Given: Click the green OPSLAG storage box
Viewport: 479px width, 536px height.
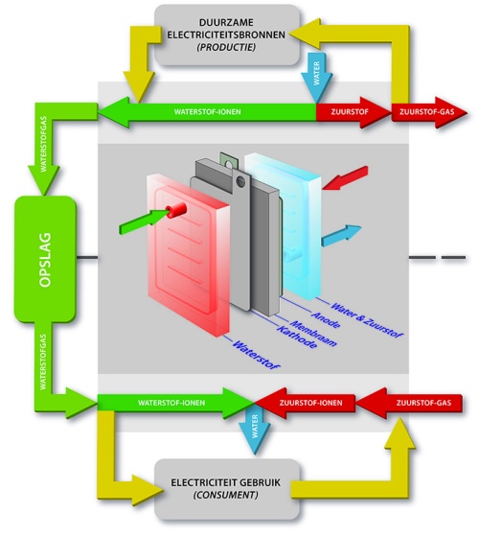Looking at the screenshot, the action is pyautogui.click(x=45, y=259).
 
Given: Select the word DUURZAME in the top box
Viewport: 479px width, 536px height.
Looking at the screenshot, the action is pyautogui.click(x=226, y=23).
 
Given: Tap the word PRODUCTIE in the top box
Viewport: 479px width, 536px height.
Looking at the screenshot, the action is pyautogui.click(x=226, y=47).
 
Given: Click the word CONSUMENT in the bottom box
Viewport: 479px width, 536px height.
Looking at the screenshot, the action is pyautogui.click(x=225, y=495).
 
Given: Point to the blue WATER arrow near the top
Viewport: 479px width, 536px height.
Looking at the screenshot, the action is pyautogui.click(x=316, y=78).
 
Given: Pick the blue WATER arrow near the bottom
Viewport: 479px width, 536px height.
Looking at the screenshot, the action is pyautogui.click(x=255, y=432).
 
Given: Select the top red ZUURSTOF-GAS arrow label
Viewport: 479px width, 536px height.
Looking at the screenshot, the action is pyautogui.click(x=426, y=112).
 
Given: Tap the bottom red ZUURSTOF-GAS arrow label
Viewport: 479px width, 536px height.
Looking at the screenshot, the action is pyautogui.click(x=423, y=403).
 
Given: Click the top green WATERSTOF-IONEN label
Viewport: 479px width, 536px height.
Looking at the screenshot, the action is pyautogui.click(x=207, y=112).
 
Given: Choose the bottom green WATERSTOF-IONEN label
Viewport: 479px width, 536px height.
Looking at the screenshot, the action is pyautogui.click(x=171, y=403).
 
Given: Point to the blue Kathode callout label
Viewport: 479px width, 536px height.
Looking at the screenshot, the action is pyautogui.click(x=296, y=338).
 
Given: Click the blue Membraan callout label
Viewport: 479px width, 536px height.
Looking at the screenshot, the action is pyautogui.click(x=313, y=334).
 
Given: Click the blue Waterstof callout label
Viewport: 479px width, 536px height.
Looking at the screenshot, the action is pyautogui.click(x=256, y=355).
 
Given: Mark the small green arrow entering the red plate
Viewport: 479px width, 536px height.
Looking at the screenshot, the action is pyautogui.click(x=144, y=221).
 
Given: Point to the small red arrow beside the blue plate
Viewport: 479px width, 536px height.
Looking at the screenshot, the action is pyautogui.click(x=345, y=177).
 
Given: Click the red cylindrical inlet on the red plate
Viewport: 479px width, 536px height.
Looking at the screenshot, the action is pyautogui.click(x=175, y=210).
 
